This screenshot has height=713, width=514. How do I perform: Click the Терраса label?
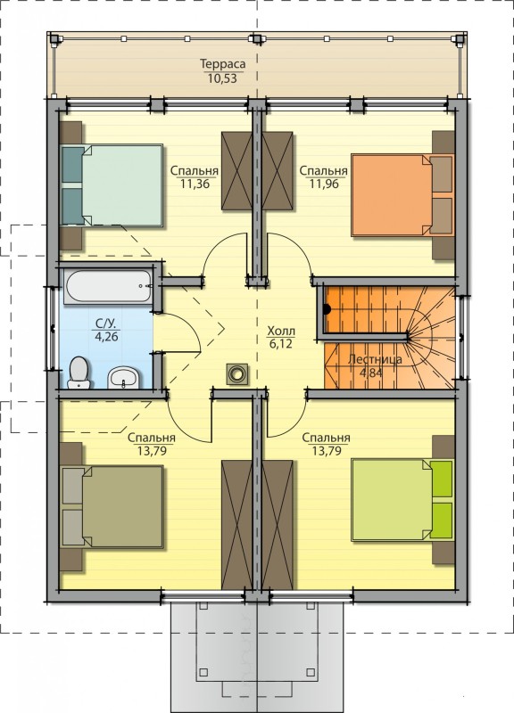[x=222, y=64]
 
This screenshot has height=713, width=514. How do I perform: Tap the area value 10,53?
[x=222, y=78]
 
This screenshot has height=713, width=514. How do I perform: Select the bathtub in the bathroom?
[x=108, y=286]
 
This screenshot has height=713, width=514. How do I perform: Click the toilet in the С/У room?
[x=79, y=373]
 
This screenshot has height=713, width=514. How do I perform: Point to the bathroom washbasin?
[x=122, y=377]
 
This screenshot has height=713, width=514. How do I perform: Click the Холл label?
[x=281, y=331]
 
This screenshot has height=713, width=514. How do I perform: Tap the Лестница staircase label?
[x=375, y=360]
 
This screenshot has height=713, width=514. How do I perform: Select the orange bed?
[x=402, y=195]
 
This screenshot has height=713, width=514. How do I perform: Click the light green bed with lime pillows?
[x=402, y=500]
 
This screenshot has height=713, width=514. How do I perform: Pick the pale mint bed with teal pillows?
[x=112, y=185]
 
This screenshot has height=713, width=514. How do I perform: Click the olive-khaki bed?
[x=112, y=506]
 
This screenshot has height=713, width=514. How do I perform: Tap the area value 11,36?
[x=195, y=184]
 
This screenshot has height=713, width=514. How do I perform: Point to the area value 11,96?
[x=324, y=184]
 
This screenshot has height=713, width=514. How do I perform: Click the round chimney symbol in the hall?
[x=237, y=374]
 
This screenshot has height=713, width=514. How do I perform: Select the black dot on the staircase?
[x=327, y=309]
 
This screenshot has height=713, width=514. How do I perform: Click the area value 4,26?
[x=106, y=337]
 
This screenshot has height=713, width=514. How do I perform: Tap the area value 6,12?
[x=281, y=344]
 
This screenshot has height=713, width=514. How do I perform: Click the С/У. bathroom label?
[x=106, y=324]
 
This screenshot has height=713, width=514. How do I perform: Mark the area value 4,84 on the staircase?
[x=371, y=373]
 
